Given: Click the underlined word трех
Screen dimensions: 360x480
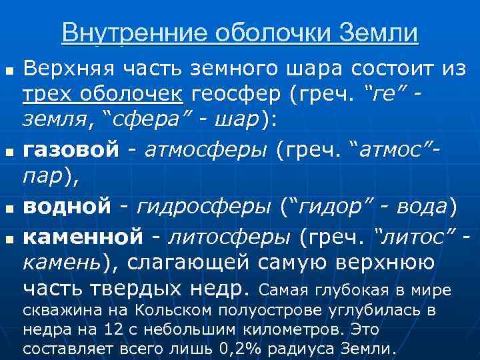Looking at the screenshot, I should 44,95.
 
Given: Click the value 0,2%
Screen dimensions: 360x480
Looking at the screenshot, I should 255,348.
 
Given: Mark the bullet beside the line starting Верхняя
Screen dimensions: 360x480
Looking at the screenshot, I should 9,69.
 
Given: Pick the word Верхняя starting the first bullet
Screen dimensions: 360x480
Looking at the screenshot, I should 59,67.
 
